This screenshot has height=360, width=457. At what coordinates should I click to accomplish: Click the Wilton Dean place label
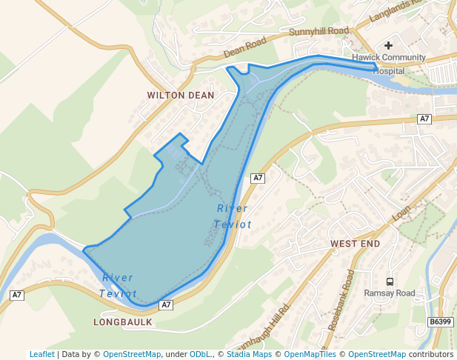tap(181, 96)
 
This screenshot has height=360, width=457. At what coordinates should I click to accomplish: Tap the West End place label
tap(355, 244)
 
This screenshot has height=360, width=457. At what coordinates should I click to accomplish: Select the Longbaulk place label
tap(123, 322)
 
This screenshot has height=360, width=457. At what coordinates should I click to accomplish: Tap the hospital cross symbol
tap(388, 46)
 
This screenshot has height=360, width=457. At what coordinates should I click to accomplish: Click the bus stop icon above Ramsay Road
tap(390, 281)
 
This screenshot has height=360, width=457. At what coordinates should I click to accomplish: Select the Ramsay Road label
tap(390, 293)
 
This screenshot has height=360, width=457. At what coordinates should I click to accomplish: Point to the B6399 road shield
tap(440, 321)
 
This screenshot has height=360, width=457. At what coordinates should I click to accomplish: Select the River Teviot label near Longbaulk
tap(118, 286)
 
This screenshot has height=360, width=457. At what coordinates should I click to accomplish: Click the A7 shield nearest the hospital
tap(424, 119)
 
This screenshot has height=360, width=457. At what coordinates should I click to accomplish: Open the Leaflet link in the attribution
tap(42, 355)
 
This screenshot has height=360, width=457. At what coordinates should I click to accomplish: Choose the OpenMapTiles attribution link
tap(310, 355)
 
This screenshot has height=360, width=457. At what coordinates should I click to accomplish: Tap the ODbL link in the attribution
tap(200, 355)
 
